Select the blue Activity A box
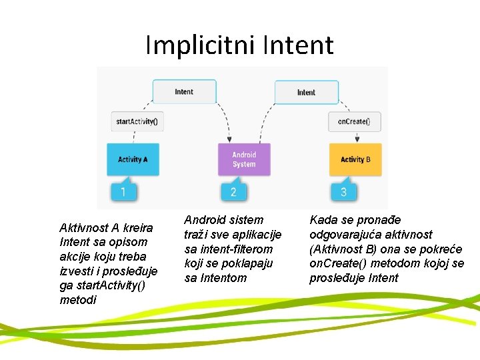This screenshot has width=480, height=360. (133, 159)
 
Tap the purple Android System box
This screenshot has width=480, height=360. (244, 159)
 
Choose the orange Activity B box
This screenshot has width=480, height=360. (355, 159)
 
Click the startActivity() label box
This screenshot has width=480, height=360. (137, 121)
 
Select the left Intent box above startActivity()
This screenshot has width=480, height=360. (184, 92)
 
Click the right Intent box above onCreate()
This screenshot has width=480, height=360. (306, 92)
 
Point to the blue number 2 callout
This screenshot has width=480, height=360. (233, 192)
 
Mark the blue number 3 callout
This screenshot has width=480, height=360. (343, 192)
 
